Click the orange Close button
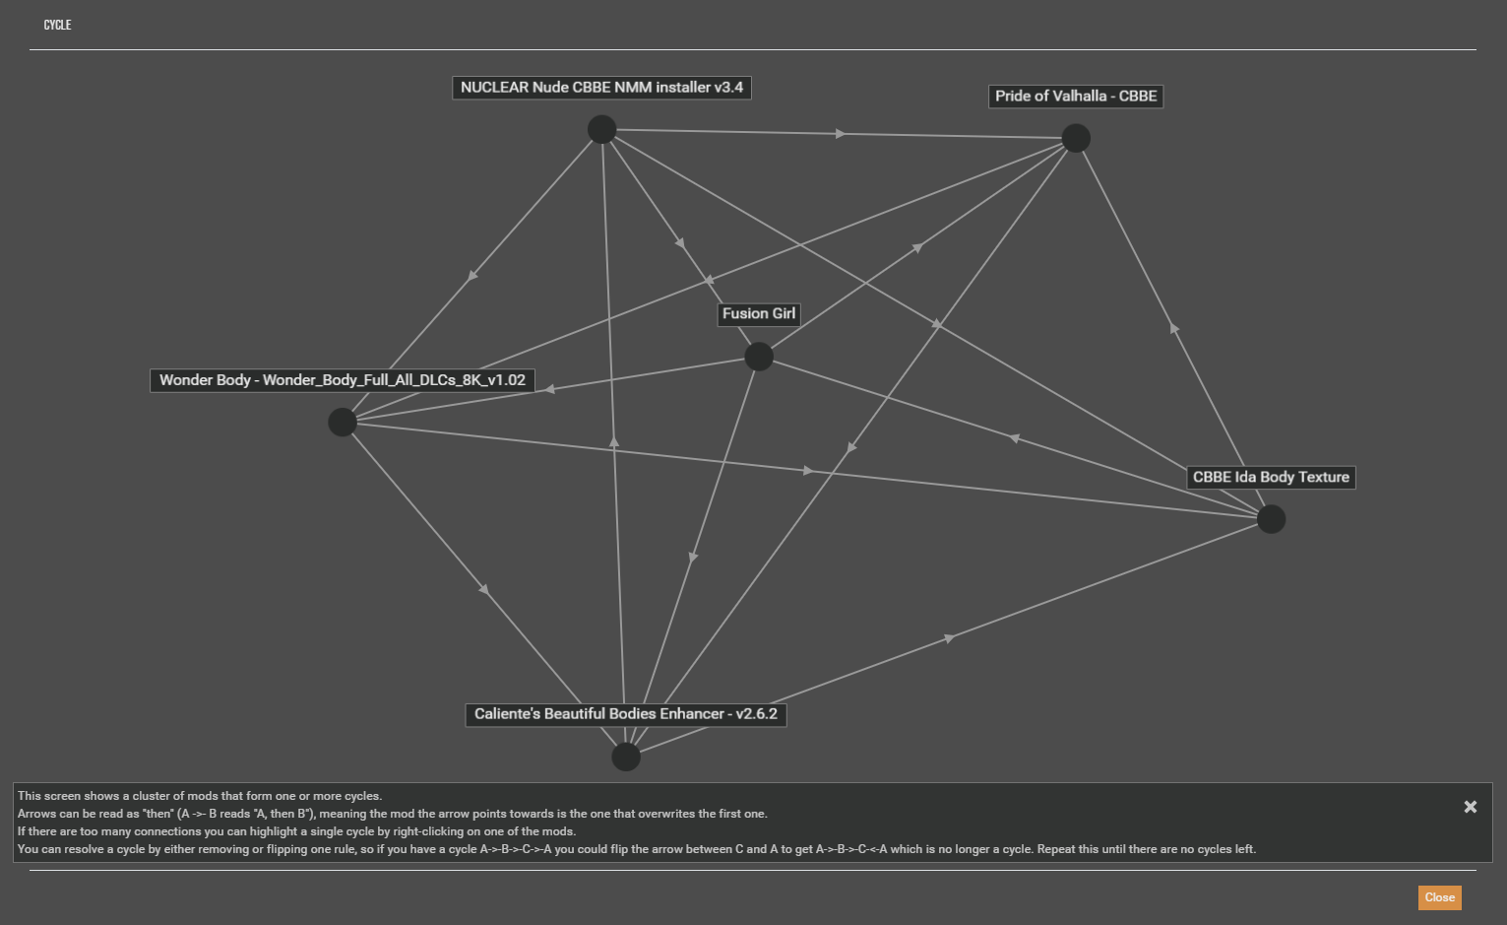[1439, 897]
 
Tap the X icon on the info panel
[1471, 807]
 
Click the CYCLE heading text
[57, 25]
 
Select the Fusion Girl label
[758, 314]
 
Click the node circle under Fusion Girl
[759, 357]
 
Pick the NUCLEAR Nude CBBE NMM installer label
[601, 88]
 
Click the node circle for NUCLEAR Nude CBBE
[601, 129]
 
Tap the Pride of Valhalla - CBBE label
[1076, 97]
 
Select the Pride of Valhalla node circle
[1076, 138]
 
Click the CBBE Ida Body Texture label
[1271, 478]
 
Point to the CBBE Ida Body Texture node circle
[1271, 519]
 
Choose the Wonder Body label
[343, 380]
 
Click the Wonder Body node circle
[343, 423]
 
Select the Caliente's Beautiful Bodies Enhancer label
[625, 714]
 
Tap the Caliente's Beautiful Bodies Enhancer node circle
[626, 757]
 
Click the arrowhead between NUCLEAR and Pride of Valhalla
[840, 134]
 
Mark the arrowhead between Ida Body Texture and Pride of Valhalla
[1173, 328]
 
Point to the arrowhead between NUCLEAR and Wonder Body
[472, 276]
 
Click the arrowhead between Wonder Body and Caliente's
[484, 590]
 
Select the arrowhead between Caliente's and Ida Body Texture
[949, 638]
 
